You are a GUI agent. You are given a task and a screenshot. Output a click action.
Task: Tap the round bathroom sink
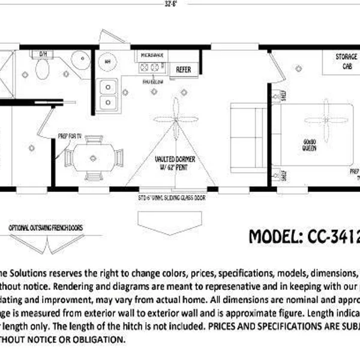78,60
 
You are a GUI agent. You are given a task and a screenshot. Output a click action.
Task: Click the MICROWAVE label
152,55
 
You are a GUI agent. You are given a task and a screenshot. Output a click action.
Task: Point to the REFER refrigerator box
183,70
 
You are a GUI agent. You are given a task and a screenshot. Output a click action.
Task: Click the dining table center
93,158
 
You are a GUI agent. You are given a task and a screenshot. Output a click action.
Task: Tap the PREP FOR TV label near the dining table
70,136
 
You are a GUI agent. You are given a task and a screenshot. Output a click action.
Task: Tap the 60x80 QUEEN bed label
310,145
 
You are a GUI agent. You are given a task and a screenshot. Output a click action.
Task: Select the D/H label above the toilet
43,54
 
